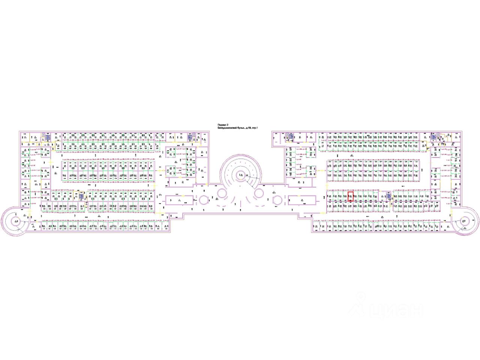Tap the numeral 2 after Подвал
[227, 125]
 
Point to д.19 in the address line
[249, 128]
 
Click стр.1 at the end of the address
[256, 128]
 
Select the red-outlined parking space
[350, 197]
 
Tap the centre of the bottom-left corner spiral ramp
[16, 221]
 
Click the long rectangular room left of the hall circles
[180, 201]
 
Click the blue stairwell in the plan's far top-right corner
[433, 137]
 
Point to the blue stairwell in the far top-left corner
[48, 138]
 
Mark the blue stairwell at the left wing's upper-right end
[190, 137]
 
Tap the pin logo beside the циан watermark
[362, 300]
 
